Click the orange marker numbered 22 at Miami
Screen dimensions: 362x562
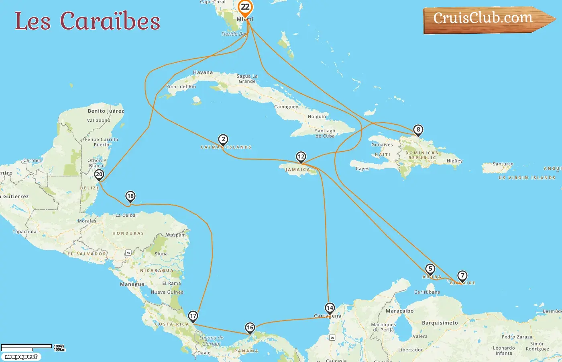[x=245, y=7]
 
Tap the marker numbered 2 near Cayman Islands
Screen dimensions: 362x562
[x=223, y=140]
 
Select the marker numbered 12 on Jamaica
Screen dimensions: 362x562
[x=301, y=156]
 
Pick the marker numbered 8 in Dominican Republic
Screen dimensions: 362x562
[x=418, y=130]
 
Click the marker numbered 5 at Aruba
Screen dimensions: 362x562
[x=430, y=269]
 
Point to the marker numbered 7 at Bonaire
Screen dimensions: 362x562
[x=462, y=276]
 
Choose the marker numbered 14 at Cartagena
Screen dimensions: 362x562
[x=330, y=308]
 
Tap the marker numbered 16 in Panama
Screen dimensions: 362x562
[x=250, y=327]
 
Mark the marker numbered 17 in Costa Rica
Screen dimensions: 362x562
[x=193, y=316]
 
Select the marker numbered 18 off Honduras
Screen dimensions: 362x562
[x=130, y=196]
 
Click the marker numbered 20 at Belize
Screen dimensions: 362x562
[x=99, y=175]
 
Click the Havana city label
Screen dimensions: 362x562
[x=203, y=72]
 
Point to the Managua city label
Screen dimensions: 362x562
[x=132, y=284]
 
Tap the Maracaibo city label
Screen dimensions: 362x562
[x=399, y=311]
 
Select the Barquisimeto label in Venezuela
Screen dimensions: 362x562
[x=440, y=323]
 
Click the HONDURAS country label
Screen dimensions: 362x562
[x=128, y=233]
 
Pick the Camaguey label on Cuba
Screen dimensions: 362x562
[x=286, y=107]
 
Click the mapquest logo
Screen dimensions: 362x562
[x=21, y=357]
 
